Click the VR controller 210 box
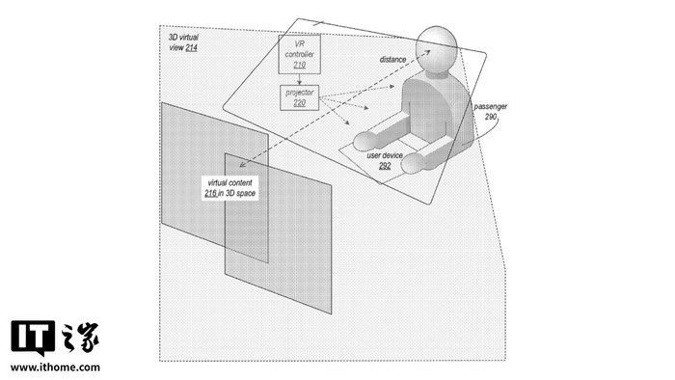(x=300, y=54)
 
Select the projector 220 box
(x=300, y=97)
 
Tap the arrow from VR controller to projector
(x=300, y=80)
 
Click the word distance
(x=392, y=60)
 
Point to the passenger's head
(x=436, y=48)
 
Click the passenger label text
(x=490, y=107)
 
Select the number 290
(x=491, y=117)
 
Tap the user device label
(x=385, y=155)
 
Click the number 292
(x=385, y=165)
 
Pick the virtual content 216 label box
(x=230, y=188)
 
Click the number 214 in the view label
(x=191, y=48)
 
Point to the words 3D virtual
(x=183, y=38)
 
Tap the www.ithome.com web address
(x=55, y=367)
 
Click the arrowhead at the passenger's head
(x=426, y=52)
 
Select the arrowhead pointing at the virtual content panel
(x=243, y=164)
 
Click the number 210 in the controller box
(x=300, y=65)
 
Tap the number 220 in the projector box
(x=300, y=103)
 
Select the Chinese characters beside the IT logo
(x=80, y=338)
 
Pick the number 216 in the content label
(x=210, y=193)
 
